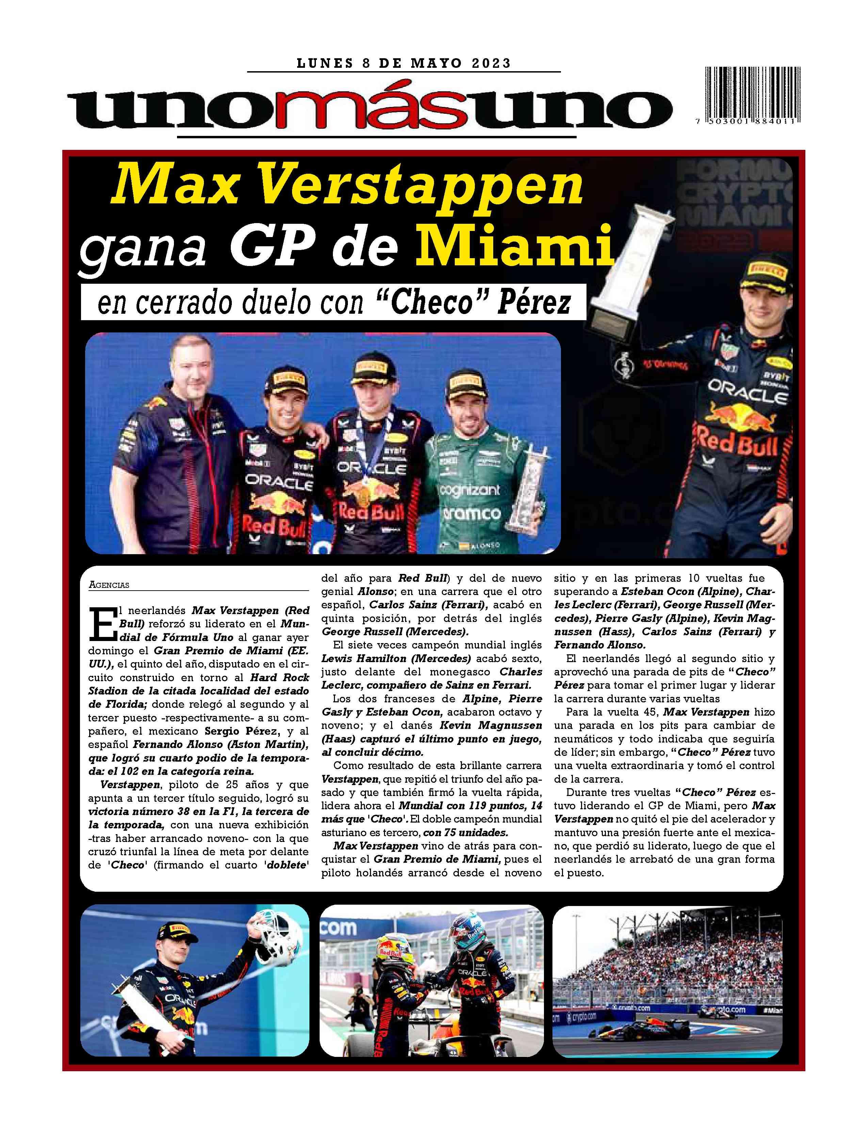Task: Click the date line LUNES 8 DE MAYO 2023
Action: point(404,63)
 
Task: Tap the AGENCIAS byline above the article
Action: point(109,584)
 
